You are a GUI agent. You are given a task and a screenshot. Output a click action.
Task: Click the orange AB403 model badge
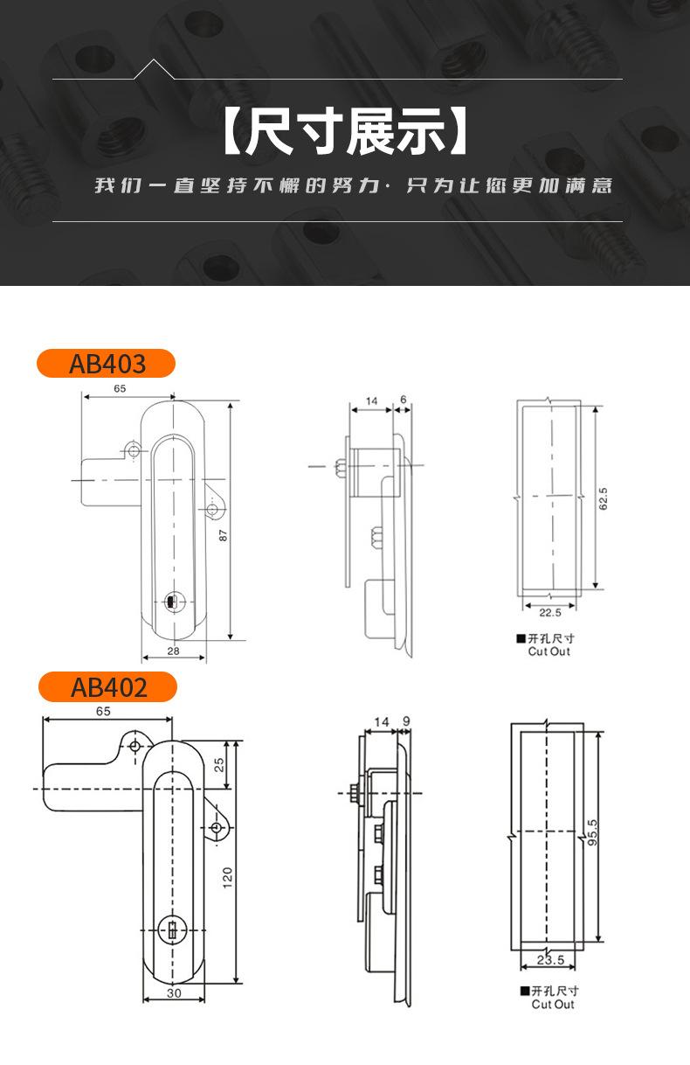pos(106,363)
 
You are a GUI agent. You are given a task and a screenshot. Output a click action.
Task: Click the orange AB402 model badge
pos(107,686)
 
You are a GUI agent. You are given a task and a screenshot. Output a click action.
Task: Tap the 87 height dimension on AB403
pos(224,534)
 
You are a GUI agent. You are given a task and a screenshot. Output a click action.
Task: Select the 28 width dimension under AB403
pos(173,651)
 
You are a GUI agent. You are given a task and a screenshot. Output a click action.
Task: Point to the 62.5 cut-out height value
pos(603,499)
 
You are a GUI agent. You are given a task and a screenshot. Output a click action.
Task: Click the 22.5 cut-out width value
pos(549,612)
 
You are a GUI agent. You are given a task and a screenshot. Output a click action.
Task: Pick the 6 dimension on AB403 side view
pos(403,400)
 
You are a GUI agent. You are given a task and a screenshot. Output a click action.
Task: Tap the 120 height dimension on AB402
pos(227,877)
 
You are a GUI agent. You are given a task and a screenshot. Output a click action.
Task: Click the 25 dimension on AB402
pos(220,762)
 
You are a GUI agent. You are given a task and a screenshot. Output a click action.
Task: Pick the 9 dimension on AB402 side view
pos(406,721)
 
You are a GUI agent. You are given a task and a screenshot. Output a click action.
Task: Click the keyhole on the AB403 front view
pos(171,602)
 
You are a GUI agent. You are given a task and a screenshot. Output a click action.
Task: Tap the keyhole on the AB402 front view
pos(172,929)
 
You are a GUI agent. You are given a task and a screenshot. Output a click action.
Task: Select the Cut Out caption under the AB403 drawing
pos(549,651)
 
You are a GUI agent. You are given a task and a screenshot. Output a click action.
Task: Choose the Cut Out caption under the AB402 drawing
pos(553,1004)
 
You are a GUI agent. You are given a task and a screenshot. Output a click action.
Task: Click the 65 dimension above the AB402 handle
pos(103,711)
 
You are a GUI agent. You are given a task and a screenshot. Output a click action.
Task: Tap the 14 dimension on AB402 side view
pos(381,721)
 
